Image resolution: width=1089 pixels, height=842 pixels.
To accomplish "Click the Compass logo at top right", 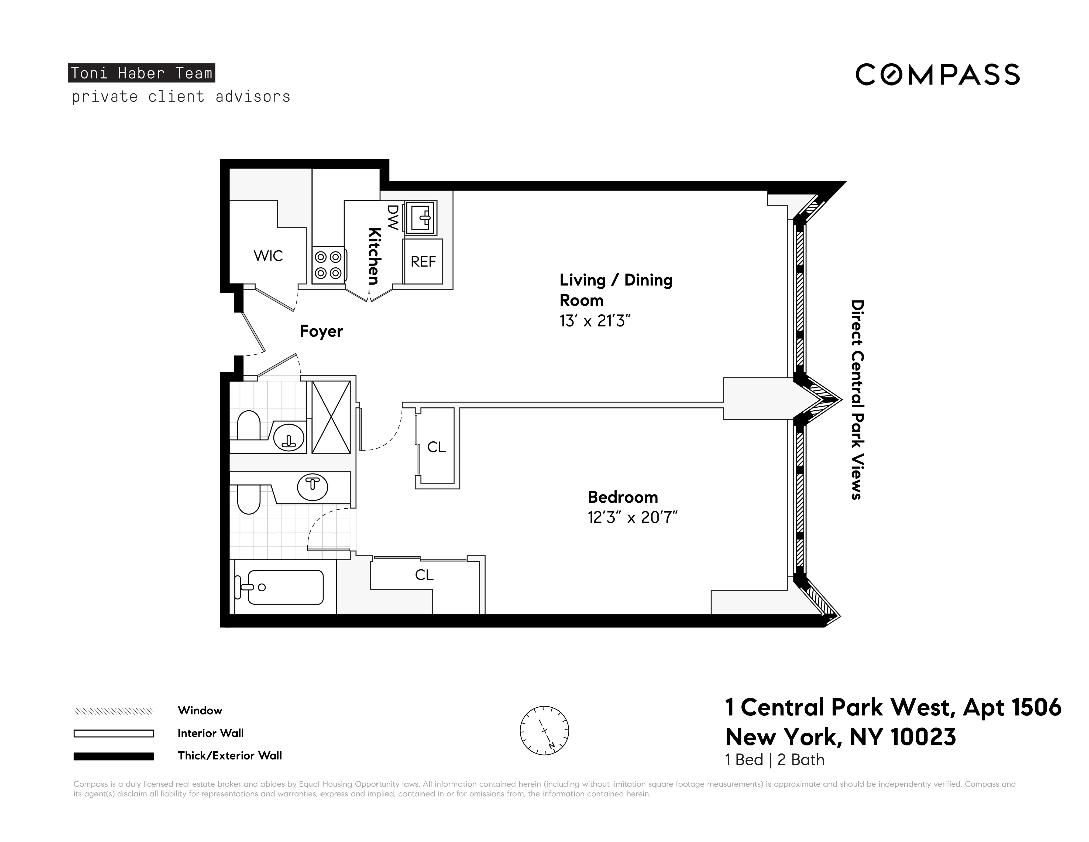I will click(937, 75).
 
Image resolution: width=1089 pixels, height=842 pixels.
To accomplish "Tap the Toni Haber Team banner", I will click(142, 73).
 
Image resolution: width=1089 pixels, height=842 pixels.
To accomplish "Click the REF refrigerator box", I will click(423, 261).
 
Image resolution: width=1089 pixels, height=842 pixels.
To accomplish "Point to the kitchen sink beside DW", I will click(421, 217).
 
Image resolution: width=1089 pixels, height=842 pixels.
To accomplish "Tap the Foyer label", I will click(321, 331).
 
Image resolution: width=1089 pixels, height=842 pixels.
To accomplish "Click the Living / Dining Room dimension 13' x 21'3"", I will click(595, 321).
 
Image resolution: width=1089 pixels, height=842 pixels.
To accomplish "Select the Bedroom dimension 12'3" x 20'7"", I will click(632, 518).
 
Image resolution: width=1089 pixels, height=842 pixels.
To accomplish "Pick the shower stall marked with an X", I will click(331, 417).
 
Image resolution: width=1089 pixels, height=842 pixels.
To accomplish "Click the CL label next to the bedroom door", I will click(436, 447).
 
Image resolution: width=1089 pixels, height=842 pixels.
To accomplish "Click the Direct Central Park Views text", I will click(857, 399).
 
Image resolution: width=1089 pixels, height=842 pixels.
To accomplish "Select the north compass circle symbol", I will click(544, 731).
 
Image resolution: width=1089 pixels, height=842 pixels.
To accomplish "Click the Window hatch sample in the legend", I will click(114, 711).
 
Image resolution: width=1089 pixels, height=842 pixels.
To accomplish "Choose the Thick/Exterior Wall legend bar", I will click(114, 756).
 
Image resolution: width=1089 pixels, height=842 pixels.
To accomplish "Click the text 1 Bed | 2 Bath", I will click(774, 760).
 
